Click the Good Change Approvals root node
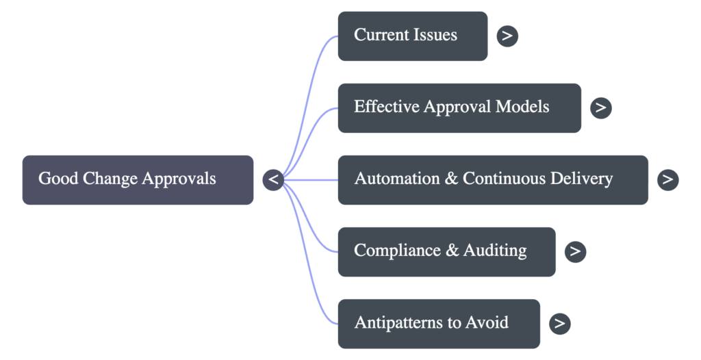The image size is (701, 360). click(138, 179)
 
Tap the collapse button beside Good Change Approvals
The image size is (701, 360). click(273, 179)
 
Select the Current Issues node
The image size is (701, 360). click(412, 36)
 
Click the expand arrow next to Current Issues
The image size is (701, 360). click(507, 36)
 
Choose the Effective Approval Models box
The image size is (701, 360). click(459, 107)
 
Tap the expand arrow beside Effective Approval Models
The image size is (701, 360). click(600, 107)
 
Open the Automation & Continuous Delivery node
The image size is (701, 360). click(492, 179)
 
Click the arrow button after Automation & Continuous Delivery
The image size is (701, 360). click(667, 179)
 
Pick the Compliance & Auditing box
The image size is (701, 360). click(446, 251)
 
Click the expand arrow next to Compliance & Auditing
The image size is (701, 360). click(575, 251)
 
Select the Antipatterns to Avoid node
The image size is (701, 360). click(438, 323)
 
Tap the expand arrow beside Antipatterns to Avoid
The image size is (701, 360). click(559, 323)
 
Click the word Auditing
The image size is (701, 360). click(495, 250)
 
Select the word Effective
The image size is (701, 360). click(386, 107)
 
